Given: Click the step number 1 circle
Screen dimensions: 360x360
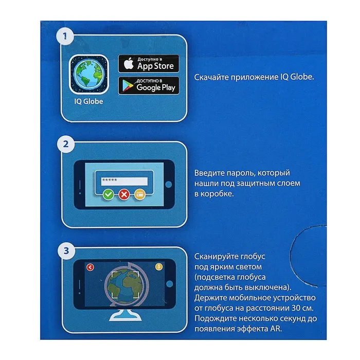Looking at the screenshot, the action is (65, 36).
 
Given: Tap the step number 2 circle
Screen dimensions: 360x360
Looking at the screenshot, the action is (66, 144).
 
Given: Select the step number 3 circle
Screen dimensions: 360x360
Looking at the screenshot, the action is (66, 251).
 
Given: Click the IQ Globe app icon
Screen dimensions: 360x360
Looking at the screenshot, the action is (89, 75).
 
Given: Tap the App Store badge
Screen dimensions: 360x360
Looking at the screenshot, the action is (149, 64).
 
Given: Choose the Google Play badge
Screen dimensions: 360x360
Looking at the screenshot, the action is (149, 85).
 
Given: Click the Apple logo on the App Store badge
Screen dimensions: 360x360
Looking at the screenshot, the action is (129, 63).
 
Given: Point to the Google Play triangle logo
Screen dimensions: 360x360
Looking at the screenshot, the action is (128, 86).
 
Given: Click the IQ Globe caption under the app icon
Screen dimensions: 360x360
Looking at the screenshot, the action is (88, 101).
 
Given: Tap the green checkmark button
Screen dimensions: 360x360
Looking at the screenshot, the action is (109, 195).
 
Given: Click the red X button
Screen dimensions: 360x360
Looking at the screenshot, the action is (124, 195).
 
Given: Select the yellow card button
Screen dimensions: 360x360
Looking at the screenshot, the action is (139, 195).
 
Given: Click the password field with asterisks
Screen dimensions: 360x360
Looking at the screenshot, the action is (124, 181).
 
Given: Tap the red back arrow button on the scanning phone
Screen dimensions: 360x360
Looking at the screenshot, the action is (90, 267).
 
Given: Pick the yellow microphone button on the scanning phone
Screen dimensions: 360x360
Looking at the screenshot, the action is (159, 267).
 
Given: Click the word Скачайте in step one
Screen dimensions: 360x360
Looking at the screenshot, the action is (211, 77).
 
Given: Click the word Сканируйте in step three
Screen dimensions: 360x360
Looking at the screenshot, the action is (216, 257).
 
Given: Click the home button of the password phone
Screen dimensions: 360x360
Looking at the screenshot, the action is (169, 185).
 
